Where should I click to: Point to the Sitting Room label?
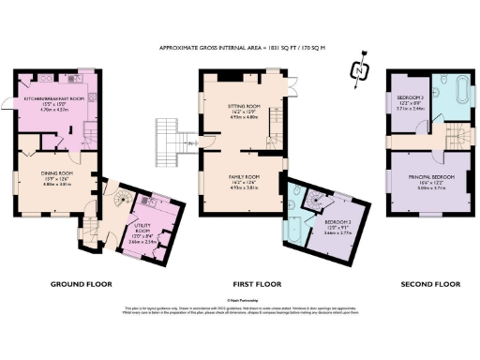tap(244, 112)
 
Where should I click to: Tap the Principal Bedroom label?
tap(431, 180)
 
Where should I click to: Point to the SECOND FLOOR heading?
tap(429, 283)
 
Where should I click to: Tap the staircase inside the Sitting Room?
tap(278, 117)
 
